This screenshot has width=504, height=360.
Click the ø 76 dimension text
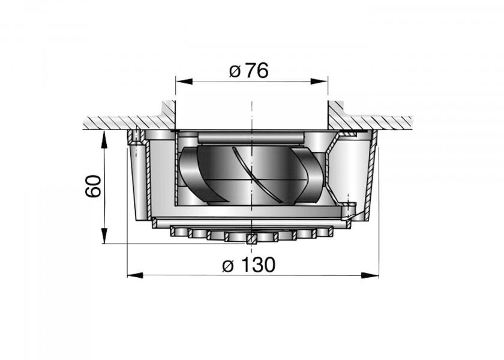coord(248,71)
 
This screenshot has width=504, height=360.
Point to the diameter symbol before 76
coord(235,71)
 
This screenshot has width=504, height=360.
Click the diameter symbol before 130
coord(228,265)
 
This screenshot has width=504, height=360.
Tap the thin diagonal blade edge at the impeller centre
coord(245,174)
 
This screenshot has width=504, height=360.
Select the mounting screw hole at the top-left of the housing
coord(137,137)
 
